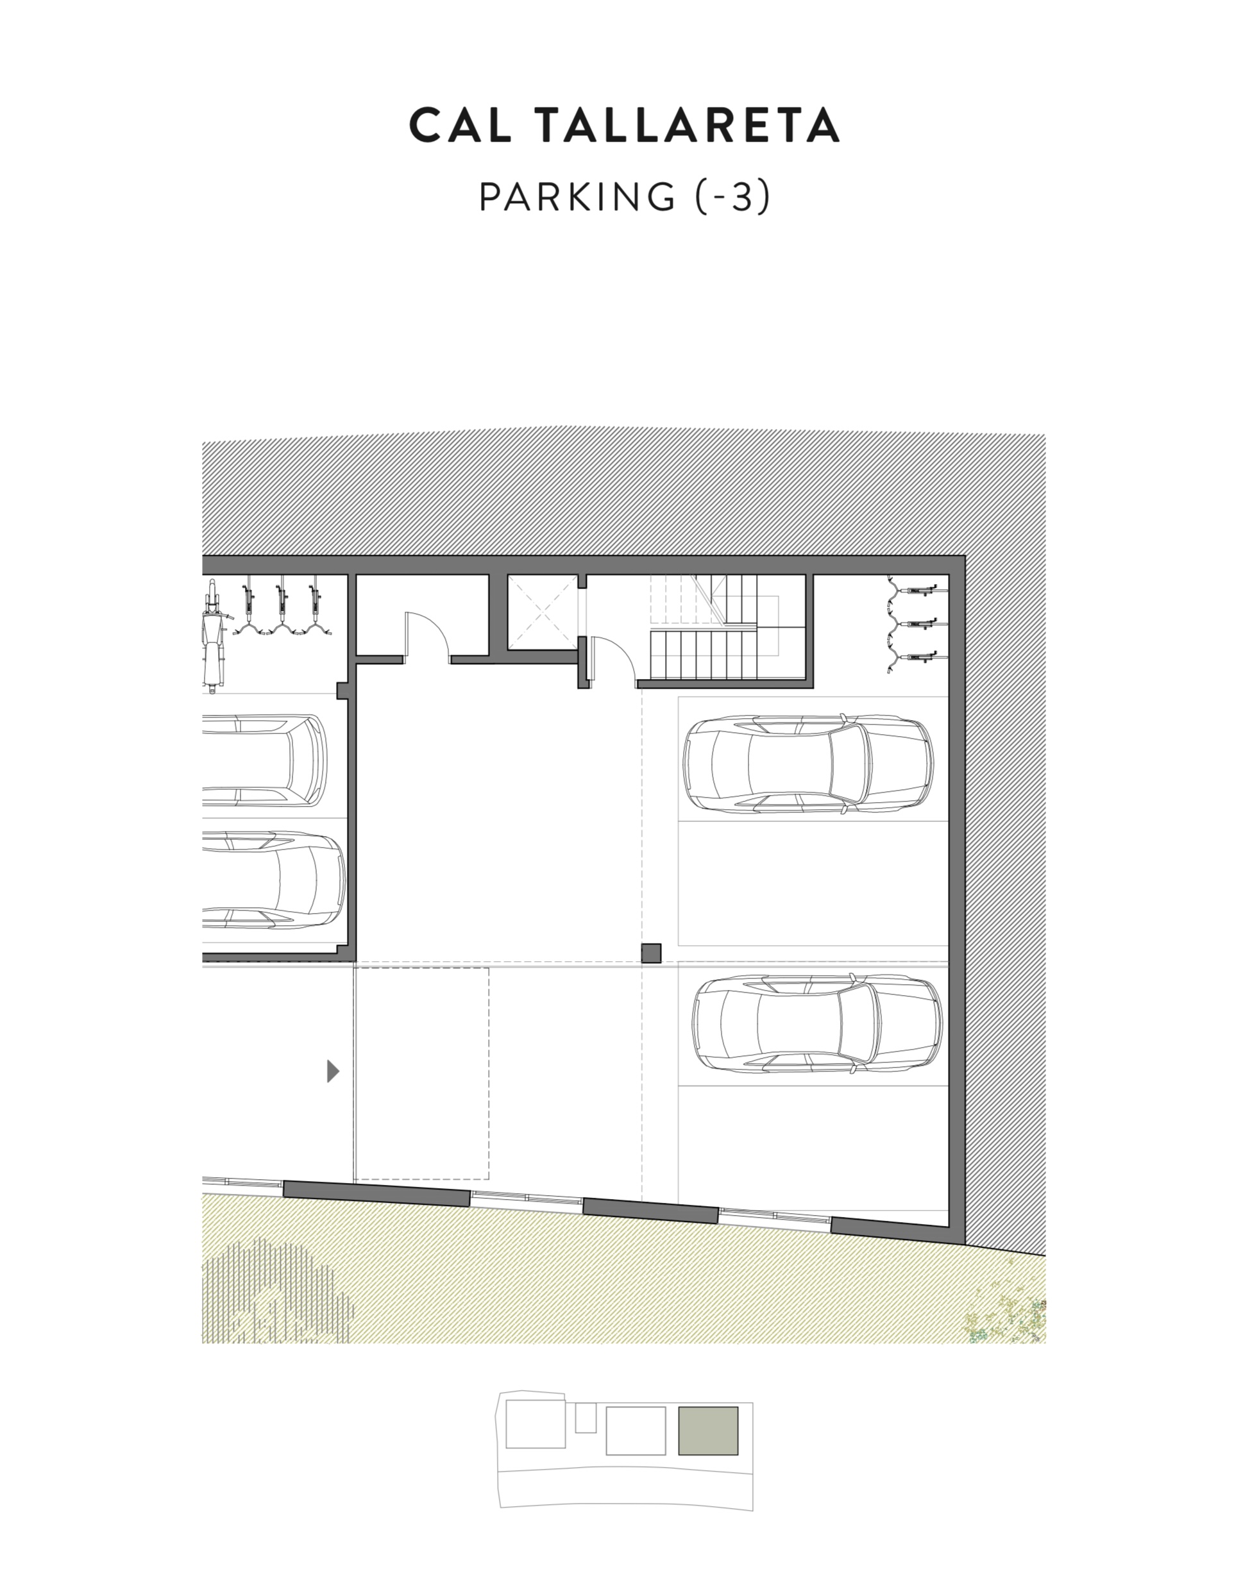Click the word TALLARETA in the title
[688, 125]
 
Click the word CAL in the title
[459, 125]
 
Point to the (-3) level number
[732, 197]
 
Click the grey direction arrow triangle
[334, 1071]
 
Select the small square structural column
[650, 953]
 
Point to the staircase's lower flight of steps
[704, 654]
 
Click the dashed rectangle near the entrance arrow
[421, 1074]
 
